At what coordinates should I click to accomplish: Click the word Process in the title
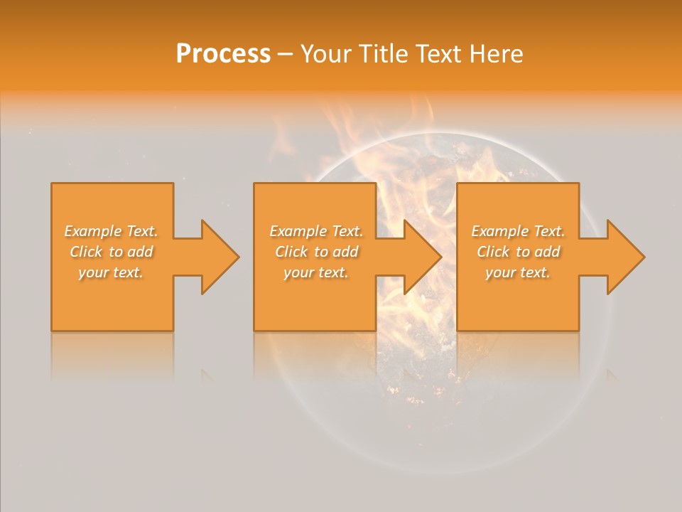point(223,54)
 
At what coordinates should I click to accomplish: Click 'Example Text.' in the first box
point(111,231)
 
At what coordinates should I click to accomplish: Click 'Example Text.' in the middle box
point(315,231)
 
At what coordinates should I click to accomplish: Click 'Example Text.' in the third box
point(517,231)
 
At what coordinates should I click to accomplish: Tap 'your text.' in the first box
point(111,272)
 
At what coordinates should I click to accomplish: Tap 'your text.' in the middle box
point(315,272)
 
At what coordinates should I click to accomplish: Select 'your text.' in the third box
point(517,272)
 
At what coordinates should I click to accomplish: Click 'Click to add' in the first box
point(111,252)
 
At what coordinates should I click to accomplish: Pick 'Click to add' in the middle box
point(315,252)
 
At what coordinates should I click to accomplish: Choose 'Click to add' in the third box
point(517,252)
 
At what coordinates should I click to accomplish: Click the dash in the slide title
point(285,55)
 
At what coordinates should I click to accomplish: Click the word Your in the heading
point(325,54)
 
